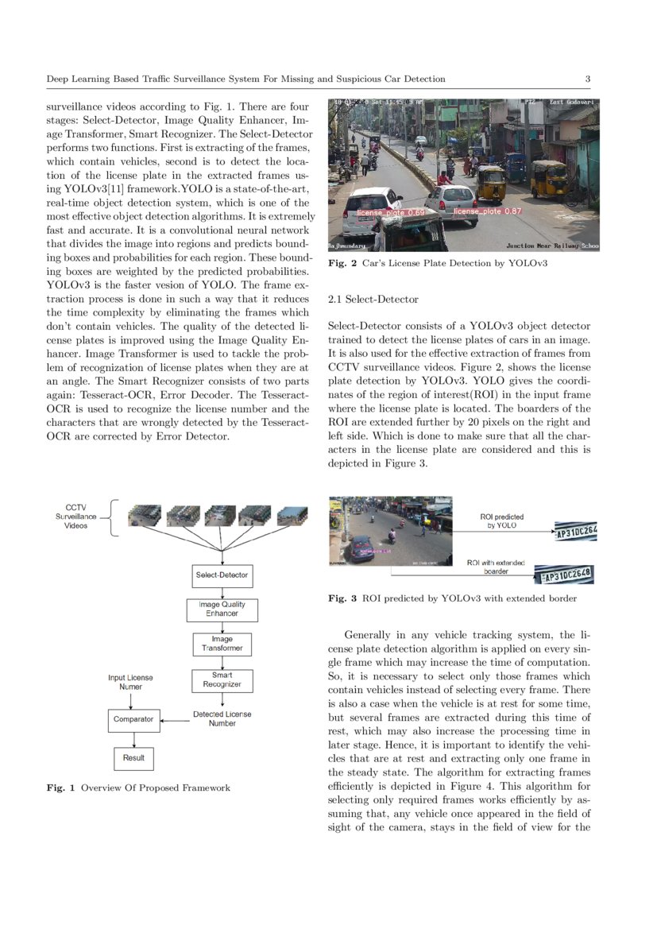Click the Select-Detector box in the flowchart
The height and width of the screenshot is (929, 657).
pyautogui.click(x=222, y=575)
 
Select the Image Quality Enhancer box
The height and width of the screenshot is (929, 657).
pyautogui.click(x=222, y=610)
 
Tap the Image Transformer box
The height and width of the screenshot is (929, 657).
pyautogui.click(x=222, y=644)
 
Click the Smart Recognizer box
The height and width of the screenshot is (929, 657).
pyautogui.click(x=222, y=679)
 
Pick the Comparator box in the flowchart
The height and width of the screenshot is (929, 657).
pyautogui.click(x=133, y=719)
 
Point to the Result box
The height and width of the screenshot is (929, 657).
pyautogui.click(x=133, y=758)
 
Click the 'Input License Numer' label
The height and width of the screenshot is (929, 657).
pyautogui.click(x=130, y=682)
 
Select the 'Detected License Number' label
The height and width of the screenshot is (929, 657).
pyautogui.click(x=222, y=718)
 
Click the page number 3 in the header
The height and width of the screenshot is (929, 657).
pyautogui.click(x=587, y=79)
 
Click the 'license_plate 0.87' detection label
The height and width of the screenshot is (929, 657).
pyautogui.click(x=487, y=211)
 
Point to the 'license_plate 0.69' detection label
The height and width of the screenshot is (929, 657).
pyautogui.click(x=390, y=213)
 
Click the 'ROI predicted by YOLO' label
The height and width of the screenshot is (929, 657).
pyautogui.click(x=501, y=521)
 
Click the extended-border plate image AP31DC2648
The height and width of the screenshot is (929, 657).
pyautogui.click(x=567, y=575)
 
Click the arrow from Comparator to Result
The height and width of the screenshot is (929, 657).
pyautogui.click(x=133, y=740)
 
